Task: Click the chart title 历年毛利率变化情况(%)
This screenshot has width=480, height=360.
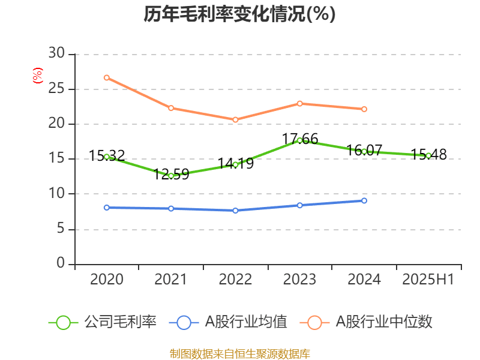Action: point(239,14)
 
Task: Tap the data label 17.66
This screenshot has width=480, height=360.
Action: point(300,139)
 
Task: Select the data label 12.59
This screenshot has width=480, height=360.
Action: point(172,175)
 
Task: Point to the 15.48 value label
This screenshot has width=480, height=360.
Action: point(428,155)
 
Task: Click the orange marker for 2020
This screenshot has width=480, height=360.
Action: point(106,77)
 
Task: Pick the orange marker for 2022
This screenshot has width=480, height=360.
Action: point(235,119)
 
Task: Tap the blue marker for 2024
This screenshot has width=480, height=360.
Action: point(364,200)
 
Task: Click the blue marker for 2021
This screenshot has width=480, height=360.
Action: point(171,208)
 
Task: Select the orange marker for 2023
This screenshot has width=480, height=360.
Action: point(299,103)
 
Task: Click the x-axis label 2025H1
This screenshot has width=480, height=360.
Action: point(428,280)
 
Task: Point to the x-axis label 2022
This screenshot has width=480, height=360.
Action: point(235,280)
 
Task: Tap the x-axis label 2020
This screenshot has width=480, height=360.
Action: point(106,280)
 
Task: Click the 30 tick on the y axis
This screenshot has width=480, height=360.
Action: point(57,54)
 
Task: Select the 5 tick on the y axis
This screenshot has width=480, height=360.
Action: point(61,229)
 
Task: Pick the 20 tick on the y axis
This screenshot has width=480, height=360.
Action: point(57,124)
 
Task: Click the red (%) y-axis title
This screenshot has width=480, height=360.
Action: point(37,76)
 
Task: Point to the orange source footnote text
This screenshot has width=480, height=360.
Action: point(239,353)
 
